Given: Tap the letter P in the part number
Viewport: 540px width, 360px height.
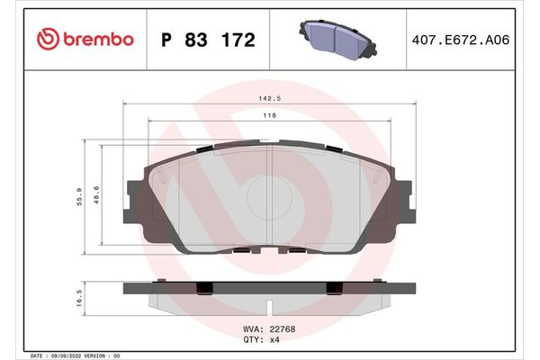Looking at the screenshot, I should point(166,40).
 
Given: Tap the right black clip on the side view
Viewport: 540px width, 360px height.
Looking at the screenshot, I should point(335,288).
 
